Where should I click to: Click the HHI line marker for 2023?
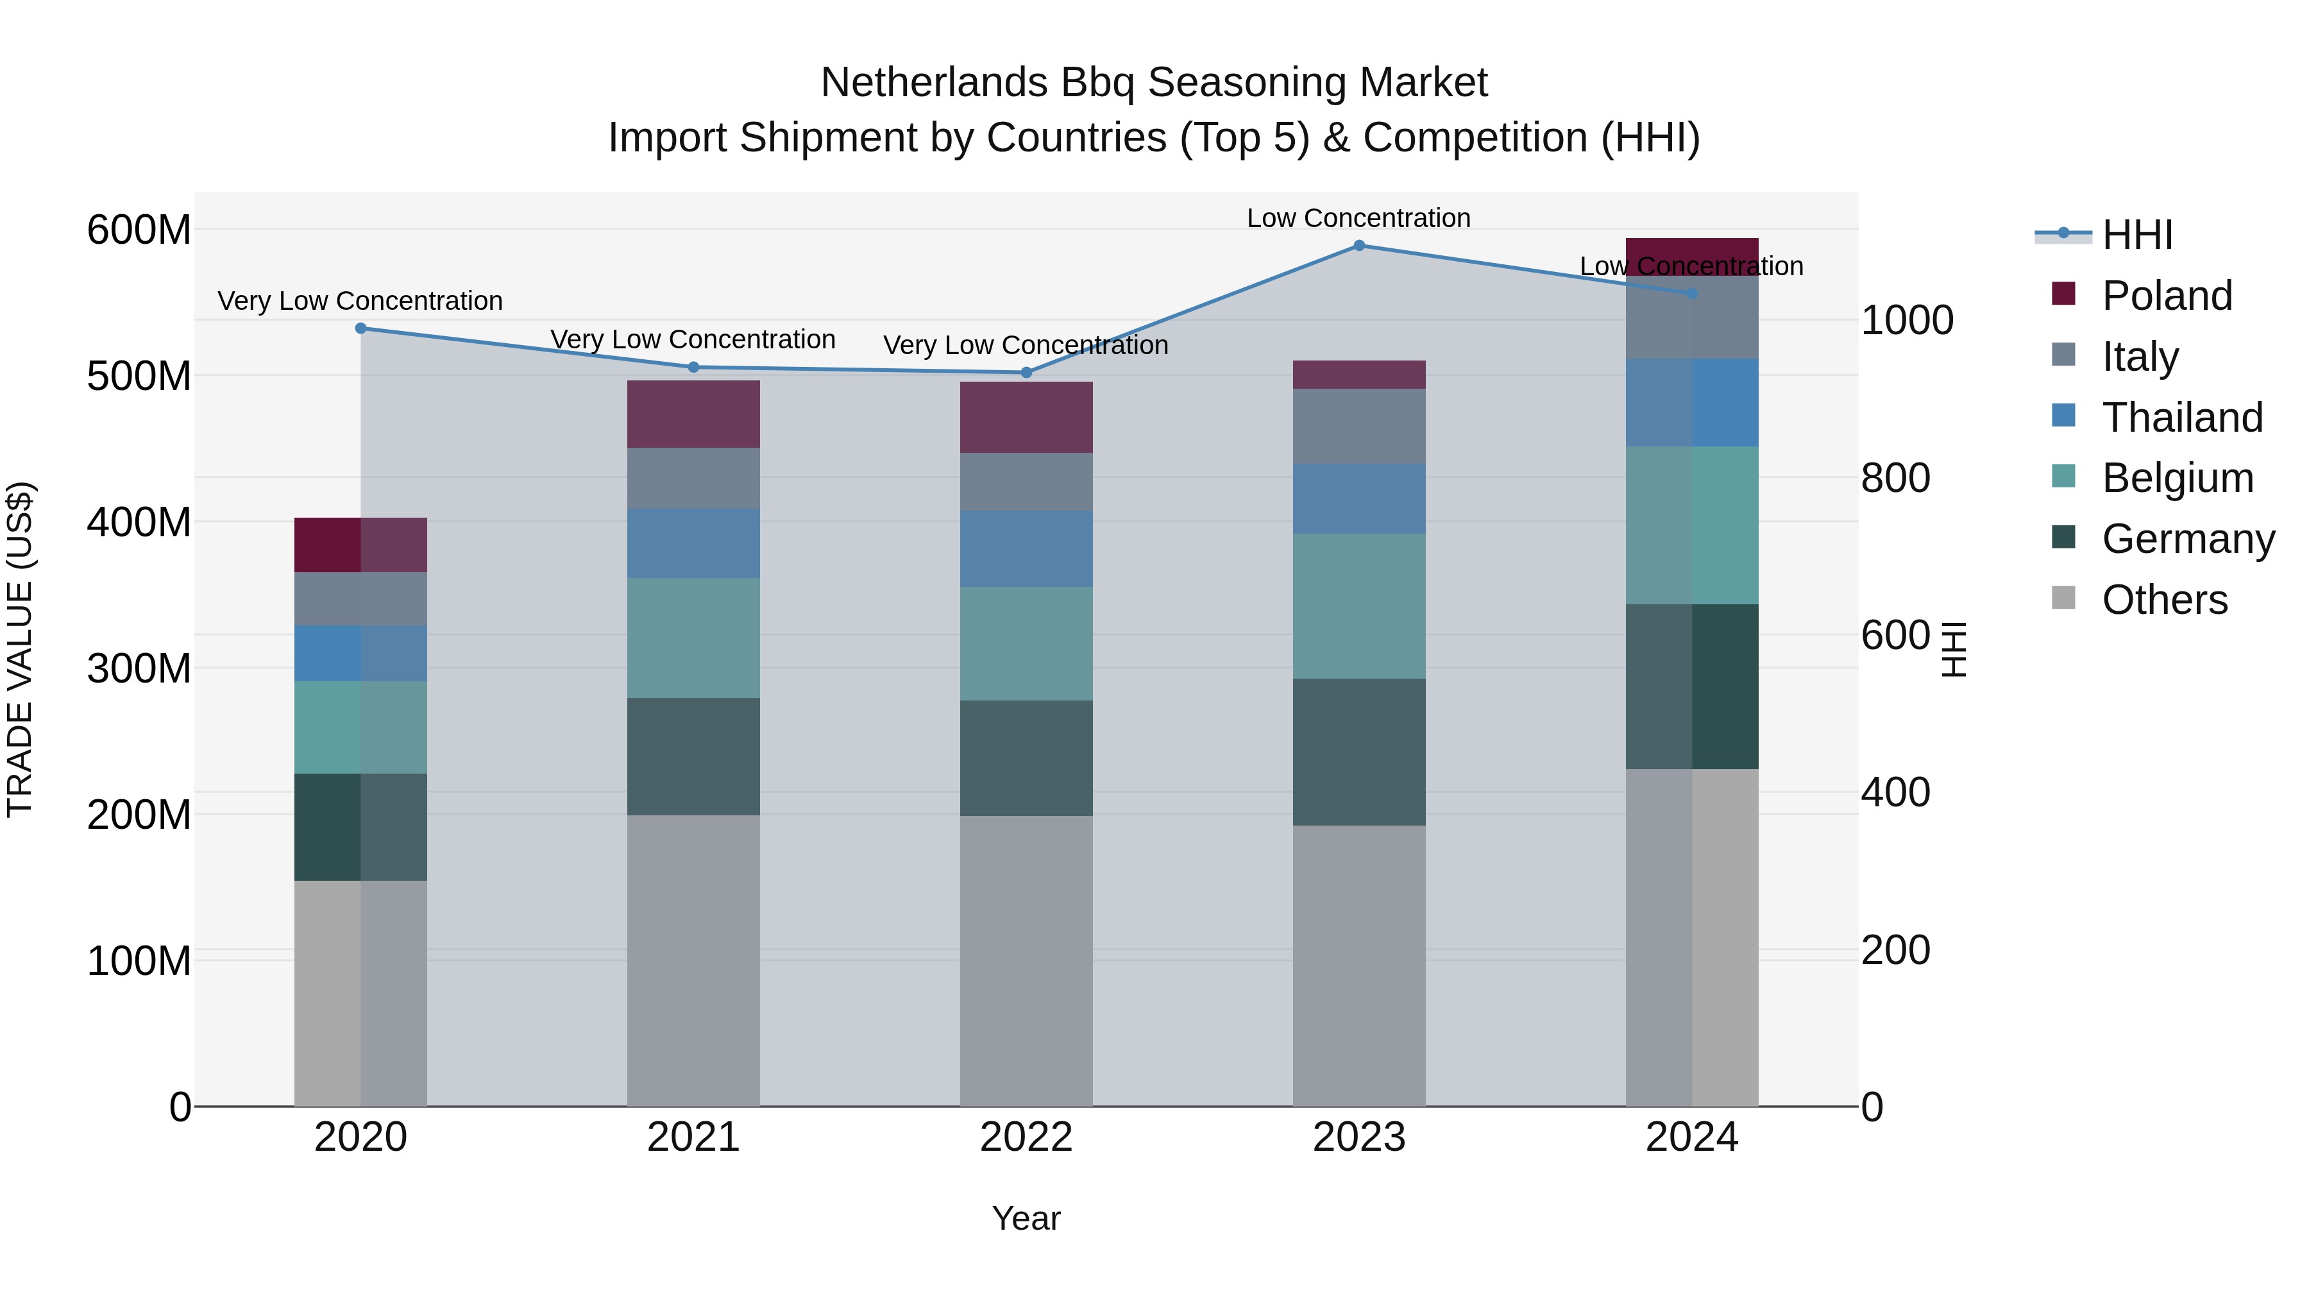point(1359,245)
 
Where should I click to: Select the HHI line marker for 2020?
point(360,328)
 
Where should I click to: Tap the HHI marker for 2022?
point(1026,372)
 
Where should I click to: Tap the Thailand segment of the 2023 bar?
point(1359,498)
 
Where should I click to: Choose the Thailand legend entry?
point(2182,418)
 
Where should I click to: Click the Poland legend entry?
point(2167,296)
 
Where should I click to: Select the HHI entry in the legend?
point(2137,235)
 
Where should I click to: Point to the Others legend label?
point(2164,600)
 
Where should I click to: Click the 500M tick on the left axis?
point(139,376)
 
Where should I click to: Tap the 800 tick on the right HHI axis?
point(1895,478)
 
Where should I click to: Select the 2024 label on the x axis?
point(1691,1137)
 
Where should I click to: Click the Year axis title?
point(1026,1218)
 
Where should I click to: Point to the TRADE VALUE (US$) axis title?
point(20,649)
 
